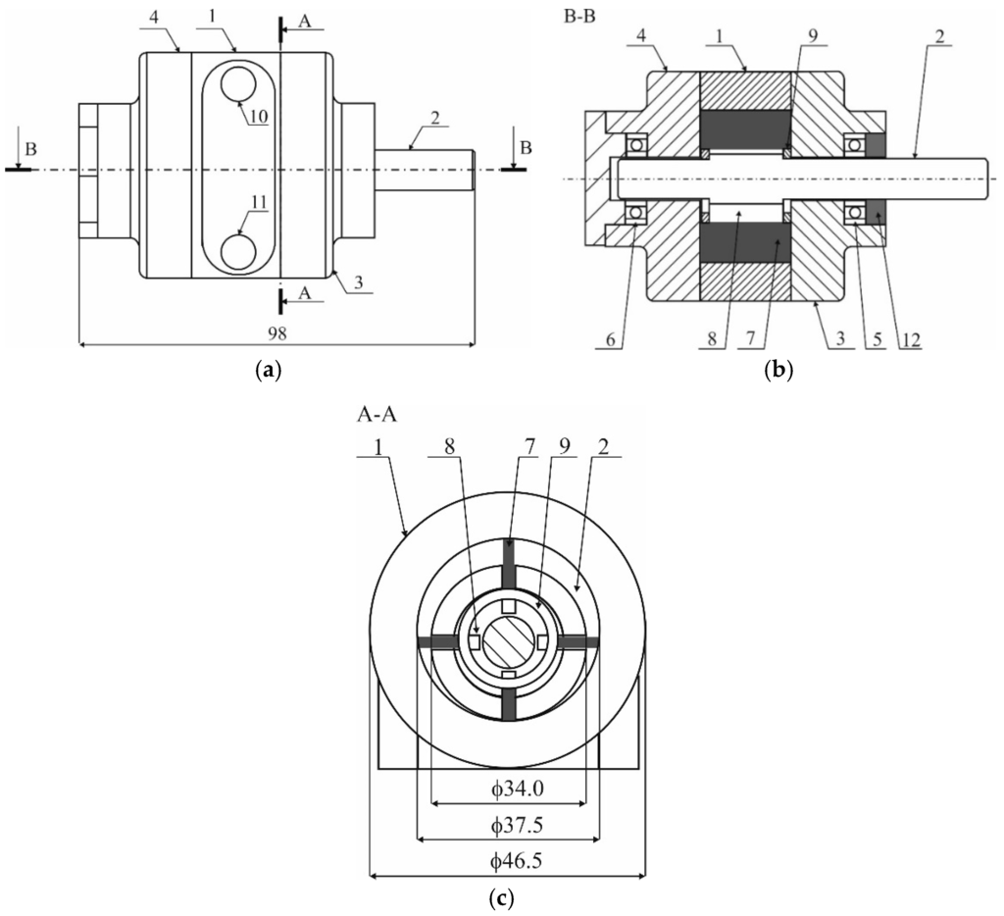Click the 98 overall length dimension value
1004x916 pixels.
276,333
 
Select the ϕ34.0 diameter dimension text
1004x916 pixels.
508,789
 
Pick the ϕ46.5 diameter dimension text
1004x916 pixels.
508,862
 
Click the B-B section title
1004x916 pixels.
584,17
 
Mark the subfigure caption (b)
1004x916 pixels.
778,371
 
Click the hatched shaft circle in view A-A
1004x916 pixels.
507,641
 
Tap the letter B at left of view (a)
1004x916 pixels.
33,148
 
